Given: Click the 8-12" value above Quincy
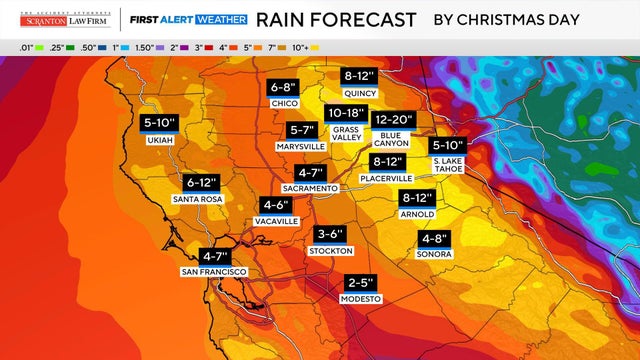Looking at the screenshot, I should point(358,76).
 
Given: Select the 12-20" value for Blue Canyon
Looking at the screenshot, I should point(391,119).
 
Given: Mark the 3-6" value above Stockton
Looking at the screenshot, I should point(330,234).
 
